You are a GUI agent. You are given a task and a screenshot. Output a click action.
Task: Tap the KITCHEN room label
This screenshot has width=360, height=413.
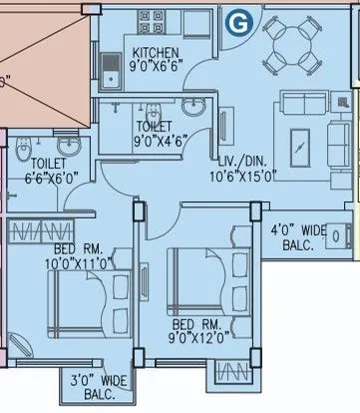pyautogui.click(x=157, y=53)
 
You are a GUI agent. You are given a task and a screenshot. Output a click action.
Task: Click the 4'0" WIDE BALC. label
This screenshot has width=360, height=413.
pyautogui.click(x=299, y=236)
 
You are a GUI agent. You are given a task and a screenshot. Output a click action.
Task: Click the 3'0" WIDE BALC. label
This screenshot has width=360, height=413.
pyautogui.click(x=98, y=386)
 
